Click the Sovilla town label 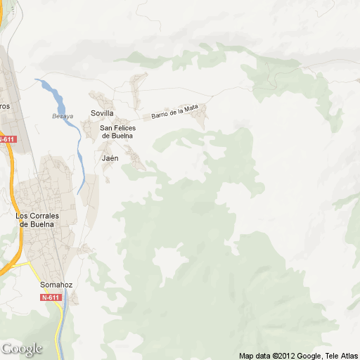click(x=102, y=113)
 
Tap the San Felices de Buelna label click(x=117, y=131)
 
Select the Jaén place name click(x=110, y=158)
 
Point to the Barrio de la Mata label click(x=175, y=111)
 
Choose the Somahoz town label click(x=56, y=285)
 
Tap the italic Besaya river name click(x=63, y=116)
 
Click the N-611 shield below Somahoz click(x=51, y=297)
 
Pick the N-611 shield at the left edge click(x=6, y=139)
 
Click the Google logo click(x=22, y=349)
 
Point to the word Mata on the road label click(x=192, y=108)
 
